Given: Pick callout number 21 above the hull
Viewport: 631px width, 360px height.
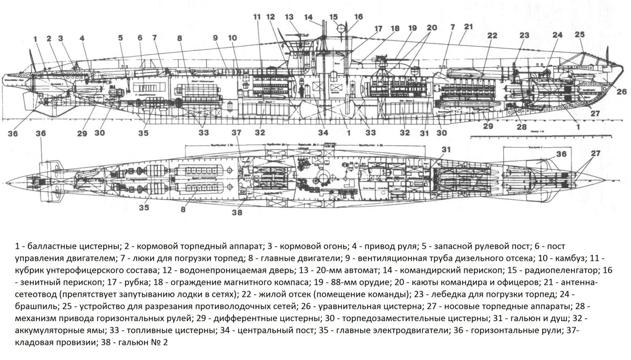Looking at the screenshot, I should (469, 26).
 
